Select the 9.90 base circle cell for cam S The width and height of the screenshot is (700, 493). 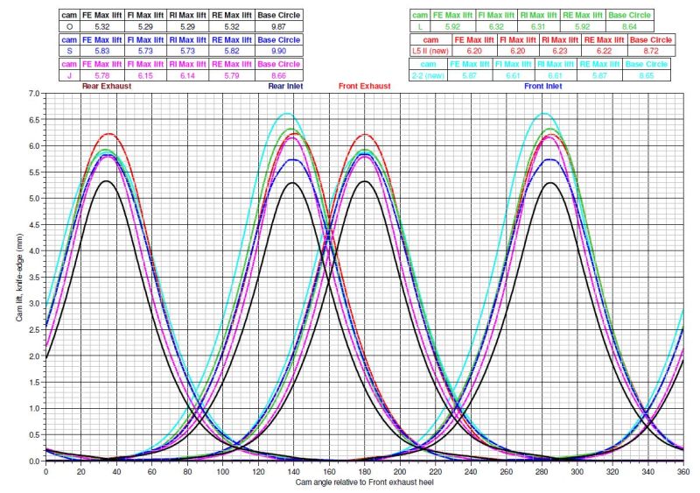278,52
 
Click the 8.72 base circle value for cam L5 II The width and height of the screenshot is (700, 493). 650,52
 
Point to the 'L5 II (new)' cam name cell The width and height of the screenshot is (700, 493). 430,52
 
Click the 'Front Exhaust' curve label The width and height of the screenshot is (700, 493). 363,87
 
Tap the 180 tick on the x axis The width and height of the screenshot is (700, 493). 363,471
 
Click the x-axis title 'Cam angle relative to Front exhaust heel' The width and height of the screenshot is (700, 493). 362,482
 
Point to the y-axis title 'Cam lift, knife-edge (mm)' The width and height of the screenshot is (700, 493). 19,277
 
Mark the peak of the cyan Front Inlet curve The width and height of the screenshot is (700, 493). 544,113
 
